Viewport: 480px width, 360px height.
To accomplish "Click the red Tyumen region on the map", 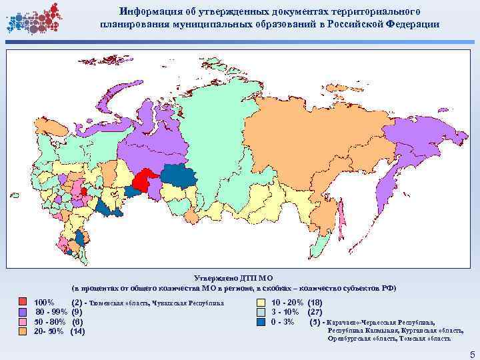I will click(143, 181).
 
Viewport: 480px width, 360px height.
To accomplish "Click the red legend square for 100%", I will click(23, 303).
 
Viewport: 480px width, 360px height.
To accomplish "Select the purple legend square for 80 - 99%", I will click(23, 313).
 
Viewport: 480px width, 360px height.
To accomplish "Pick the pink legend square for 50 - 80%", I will click(23, 322).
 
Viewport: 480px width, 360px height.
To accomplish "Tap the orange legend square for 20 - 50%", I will click(23, 331).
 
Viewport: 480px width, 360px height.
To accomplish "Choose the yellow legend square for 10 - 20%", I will click(261, 303).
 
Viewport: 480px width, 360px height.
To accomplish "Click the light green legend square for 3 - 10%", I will click(261, 313).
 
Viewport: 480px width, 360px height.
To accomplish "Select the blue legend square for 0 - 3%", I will click(261, 322).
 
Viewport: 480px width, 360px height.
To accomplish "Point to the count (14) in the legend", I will click(77, 331).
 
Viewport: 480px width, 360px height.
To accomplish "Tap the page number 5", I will click(471, 353).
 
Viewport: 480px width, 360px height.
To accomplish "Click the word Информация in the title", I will click(147, 12).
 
